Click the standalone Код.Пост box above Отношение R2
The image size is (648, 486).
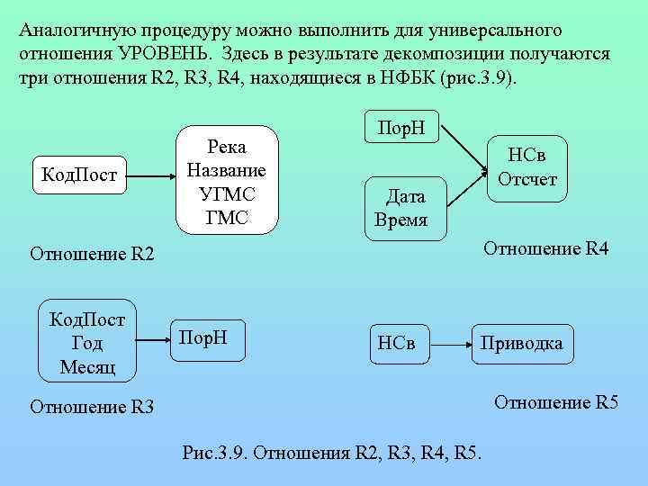(x=79, y=173)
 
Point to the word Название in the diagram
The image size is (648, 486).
(x=226, y=170)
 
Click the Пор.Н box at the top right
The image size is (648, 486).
(x=400, y=128)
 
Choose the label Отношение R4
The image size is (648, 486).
(x=546, y=248)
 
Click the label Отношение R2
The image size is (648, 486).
(x=92, y=255)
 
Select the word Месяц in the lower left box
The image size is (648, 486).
(x=86, y=366)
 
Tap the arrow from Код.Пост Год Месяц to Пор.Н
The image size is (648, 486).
(x=152, y=340)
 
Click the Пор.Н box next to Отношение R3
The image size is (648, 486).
(x=205, y=338)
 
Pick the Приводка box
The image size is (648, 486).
(x=522, y=343)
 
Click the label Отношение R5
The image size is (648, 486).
(x=556, y=401)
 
